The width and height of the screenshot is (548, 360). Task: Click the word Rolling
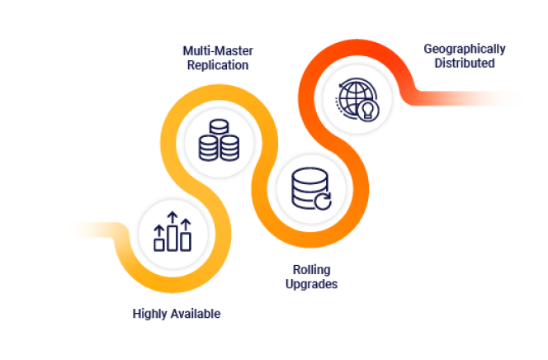coord(314,270)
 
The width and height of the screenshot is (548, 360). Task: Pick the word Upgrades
coord(314,284)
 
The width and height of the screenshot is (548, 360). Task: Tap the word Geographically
coord(465,49)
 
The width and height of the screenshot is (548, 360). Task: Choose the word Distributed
coord(465,63)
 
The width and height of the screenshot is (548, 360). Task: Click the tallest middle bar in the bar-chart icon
coord(172,237)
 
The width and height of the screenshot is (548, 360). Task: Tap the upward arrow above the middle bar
coord(172,216)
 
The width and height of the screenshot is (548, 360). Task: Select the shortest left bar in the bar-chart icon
coord(159,244)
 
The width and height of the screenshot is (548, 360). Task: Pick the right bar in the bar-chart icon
coord(186,241)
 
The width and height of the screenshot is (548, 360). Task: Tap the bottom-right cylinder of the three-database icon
coord(229,149)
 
